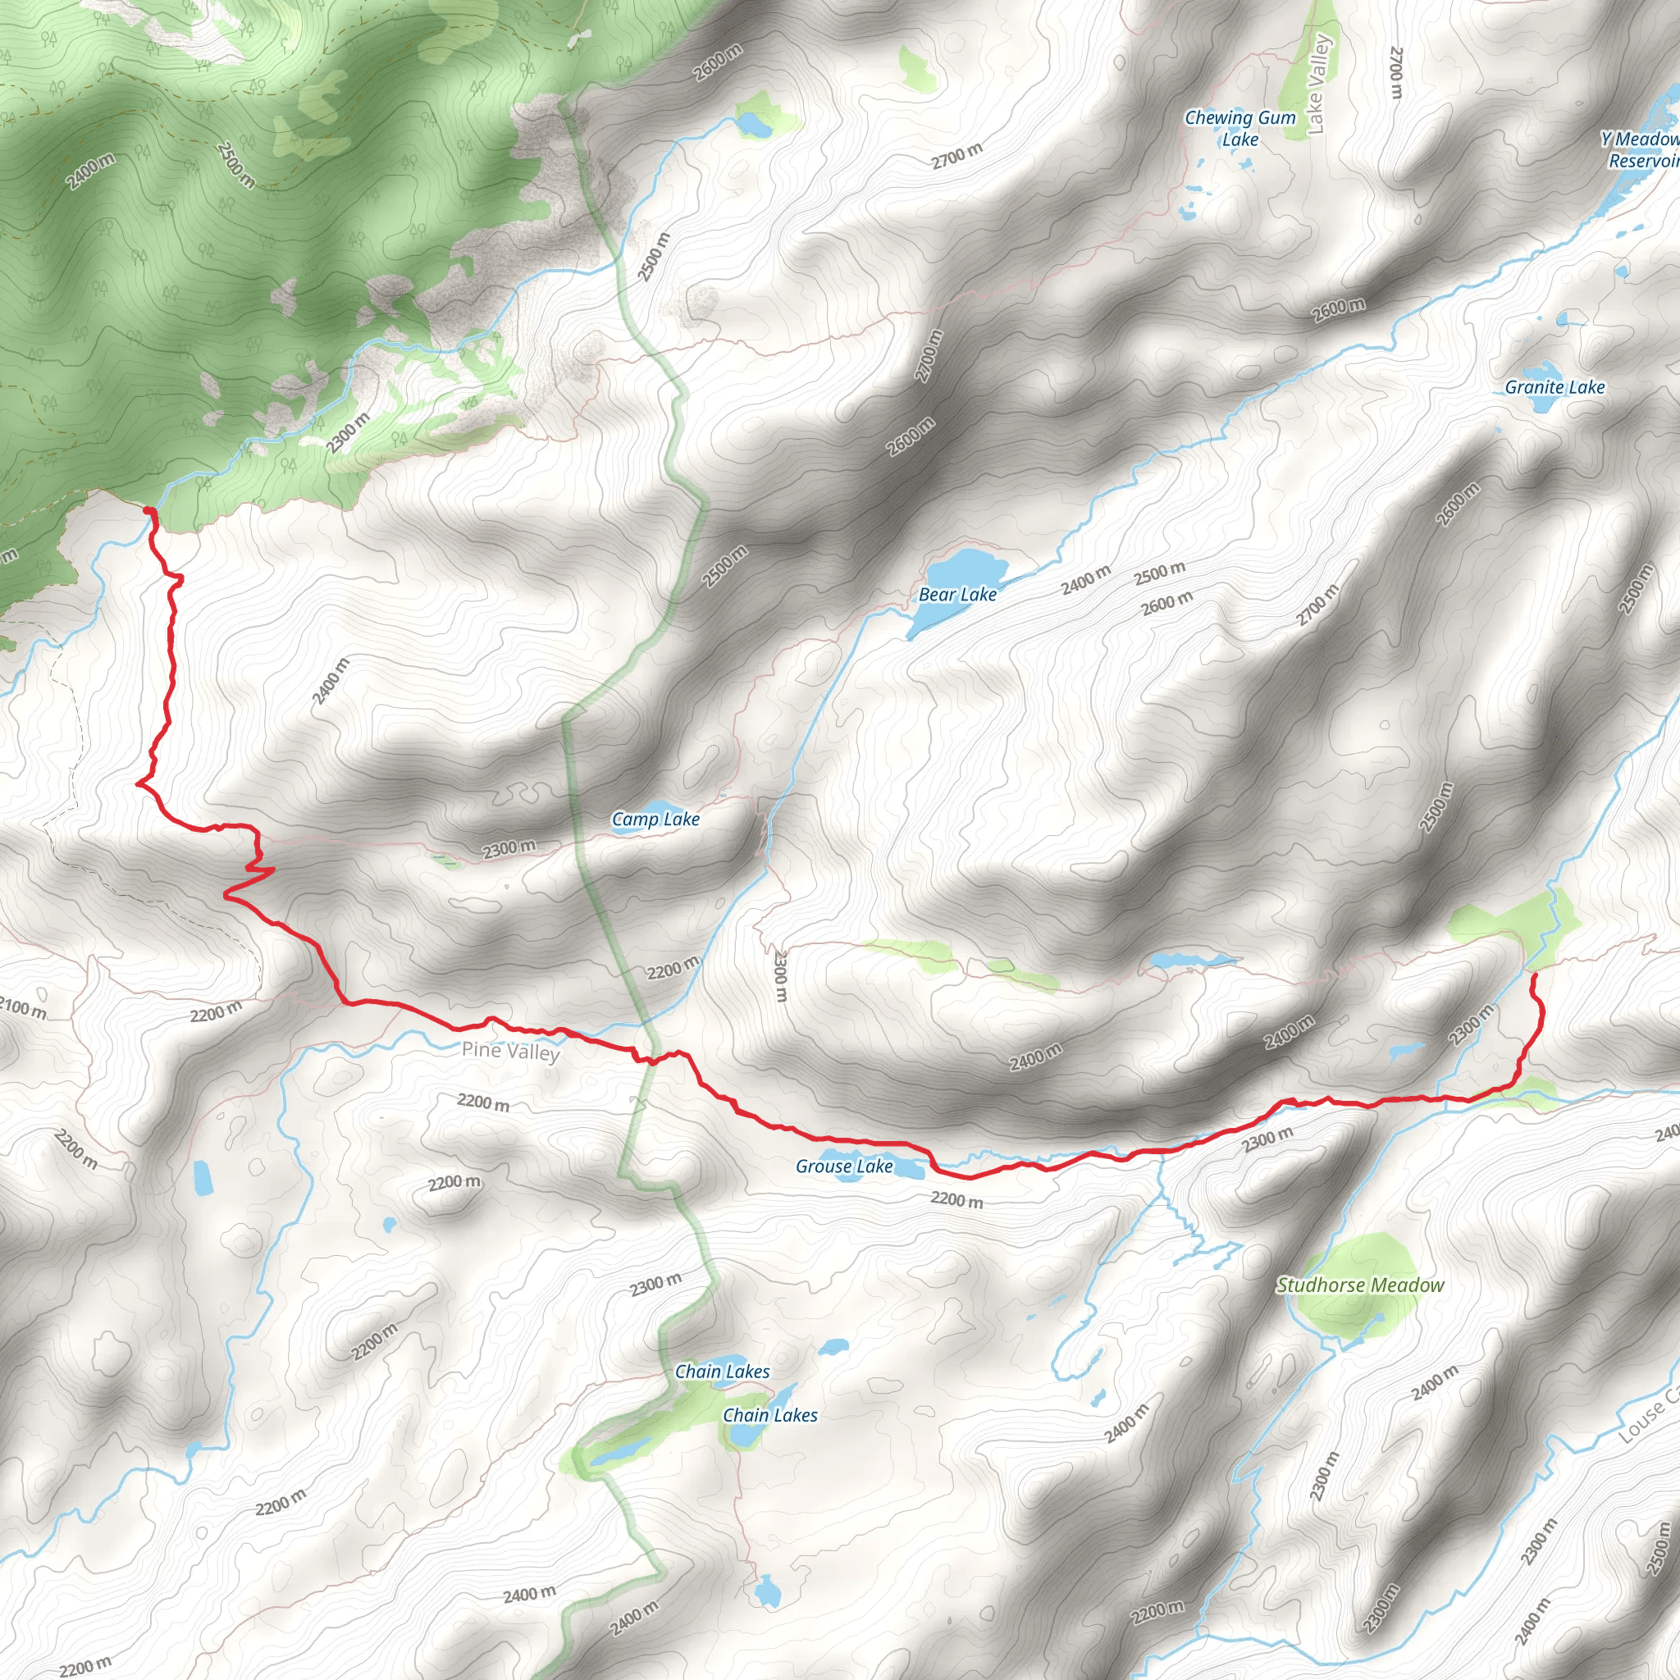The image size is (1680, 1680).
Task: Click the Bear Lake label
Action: click(x=957, y=595)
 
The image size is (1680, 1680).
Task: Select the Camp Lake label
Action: click(x=655, y=819)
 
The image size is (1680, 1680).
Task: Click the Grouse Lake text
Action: click(x=844, y=1167)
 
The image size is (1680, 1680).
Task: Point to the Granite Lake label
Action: click(x=1554, y=388)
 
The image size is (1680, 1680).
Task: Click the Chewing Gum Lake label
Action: click(x=1240, y=129)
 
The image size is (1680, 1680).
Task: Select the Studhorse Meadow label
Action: click(x=1360, y=1285)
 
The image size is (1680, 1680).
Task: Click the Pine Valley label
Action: click(x=510, y=1052)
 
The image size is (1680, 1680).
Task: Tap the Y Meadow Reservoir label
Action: click(x=1641, y=150)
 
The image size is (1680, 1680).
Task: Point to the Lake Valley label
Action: click(x=1318, y=84)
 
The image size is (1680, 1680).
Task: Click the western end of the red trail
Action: click(x=148, y=511)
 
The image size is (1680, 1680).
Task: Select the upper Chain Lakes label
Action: click(x=723, y=1372)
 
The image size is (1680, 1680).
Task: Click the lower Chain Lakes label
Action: click(x=770, y=1416)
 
